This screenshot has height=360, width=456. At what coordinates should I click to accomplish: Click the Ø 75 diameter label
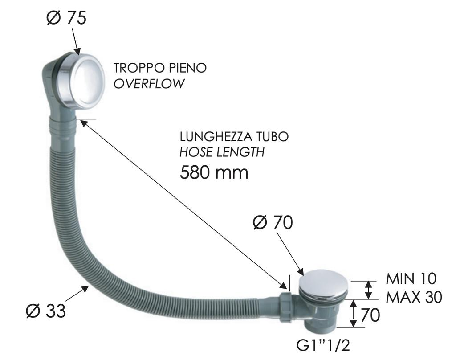66,18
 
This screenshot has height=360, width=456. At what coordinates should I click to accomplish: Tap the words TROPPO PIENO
160,68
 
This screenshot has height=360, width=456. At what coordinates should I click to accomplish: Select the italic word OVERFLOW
149,84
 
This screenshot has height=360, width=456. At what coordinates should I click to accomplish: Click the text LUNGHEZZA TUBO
234,136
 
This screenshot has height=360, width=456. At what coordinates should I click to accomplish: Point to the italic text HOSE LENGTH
222,152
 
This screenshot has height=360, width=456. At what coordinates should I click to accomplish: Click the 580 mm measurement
214,172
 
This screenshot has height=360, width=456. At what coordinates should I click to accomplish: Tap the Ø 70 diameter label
273,223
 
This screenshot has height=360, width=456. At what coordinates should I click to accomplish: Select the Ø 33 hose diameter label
46,311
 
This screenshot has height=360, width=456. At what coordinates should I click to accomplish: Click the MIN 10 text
411,278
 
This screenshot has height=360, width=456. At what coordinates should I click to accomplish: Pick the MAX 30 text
414,297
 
